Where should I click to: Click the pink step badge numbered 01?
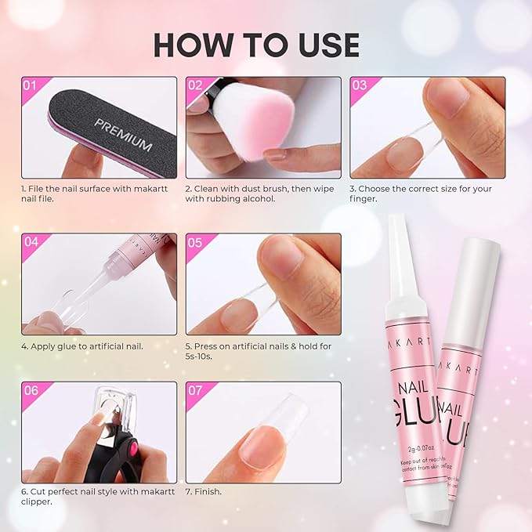[31, 85]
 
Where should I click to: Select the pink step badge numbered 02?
[196, 85]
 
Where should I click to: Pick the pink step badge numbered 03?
[360, 85]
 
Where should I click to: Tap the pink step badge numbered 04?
[31, 242]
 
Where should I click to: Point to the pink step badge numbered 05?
[196, 242]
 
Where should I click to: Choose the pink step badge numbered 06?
[31, 389]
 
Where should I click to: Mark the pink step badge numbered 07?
[196, 389]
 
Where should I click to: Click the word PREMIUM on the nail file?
[123, 134]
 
